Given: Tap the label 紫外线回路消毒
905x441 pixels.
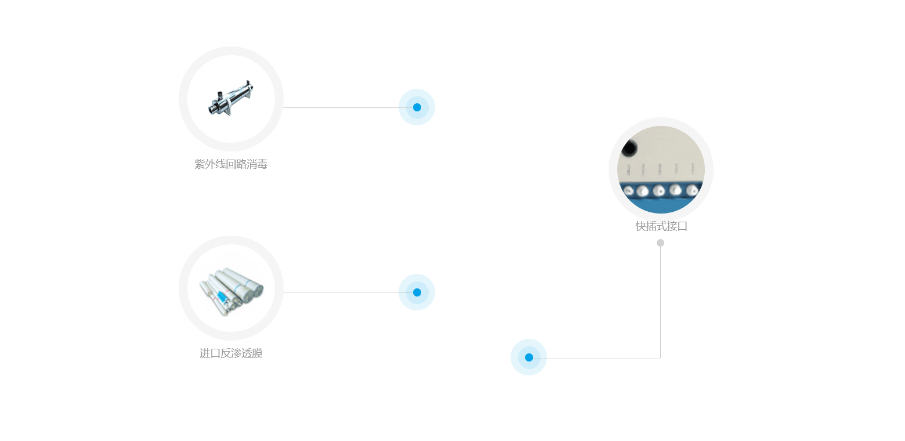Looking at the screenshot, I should (x=231, y=164).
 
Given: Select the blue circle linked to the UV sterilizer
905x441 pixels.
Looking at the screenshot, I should (x=417, y=107).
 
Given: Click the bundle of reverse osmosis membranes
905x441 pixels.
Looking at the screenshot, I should (x=231, y=287).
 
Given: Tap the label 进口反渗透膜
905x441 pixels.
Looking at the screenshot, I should (x=231, y=353).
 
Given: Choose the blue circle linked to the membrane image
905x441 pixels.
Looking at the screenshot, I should (x=417, y=292).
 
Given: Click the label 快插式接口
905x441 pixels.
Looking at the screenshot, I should (x=661, y=226).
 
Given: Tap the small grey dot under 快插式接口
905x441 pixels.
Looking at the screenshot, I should (x=660, y=243).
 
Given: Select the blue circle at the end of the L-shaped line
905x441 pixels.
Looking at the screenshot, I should (x=528, y=357).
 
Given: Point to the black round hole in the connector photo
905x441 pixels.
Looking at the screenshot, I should (x=628, y=149).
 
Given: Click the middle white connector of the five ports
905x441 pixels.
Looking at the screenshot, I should (x=658, y=191).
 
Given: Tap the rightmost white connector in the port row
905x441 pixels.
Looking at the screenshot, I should (x=692, y=190).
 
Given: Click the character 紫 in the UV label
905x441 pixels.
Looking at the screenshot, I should (x=200, y=164).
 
